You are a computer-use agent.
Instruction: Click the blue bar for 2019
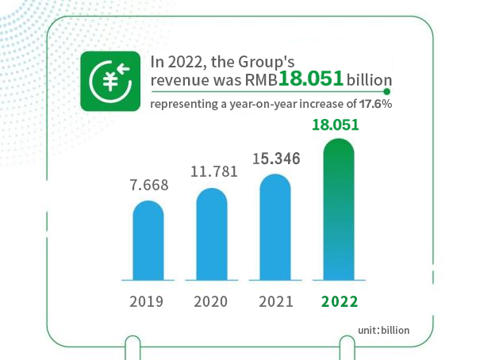pos(148,240)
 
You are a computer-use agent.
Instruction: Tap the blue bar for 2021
pos(275,227)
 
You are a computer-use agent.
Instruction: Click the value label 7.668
pos(148,186)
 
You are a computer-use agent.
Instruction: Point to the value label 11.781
pos(212,171)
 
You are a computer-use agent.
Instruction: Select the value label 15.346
pos(276,159)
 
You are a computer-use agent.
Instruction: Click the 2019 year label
pos(148,301)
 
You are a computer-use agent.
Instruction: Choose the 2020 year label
pos(211,301)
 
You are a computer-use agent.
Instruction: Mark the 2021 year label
pos(275,301)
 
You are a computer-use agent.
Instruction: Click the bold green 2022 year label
pos(340,301)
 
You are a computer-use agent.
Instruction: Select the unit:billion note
pos(383,329)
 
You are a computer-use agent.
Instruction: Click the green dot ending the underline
pos(386,91)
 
